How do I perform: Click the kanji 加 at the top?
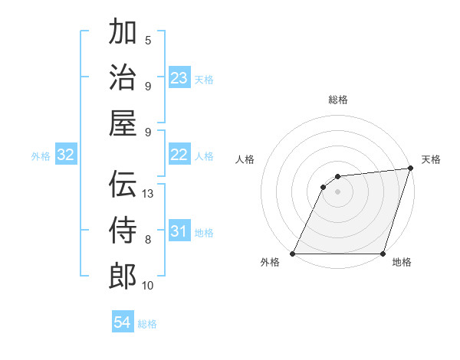click(x=123, y=33)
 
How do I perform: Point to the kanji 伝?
click(x=123, y=185)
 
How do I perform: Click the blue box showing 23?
click(x=179, y=78)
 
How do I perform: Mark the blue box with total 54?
click(x=122, y=323)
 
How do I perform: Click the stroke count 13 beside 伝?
click(x=149, y=194)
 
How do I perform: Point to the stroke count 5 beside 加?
click(x=148, y=40)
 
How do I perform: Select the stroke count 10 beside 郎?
click(x=148, y=286)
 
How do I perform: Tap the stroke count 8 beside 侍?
click(x=148, y=240)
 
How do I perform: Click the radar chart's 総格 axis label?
click(x=338, y=100)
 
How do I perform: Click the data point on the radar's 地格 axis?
click(x=383, y=254)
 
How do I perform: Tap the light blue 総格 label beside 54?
click(x=148, y=324)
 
